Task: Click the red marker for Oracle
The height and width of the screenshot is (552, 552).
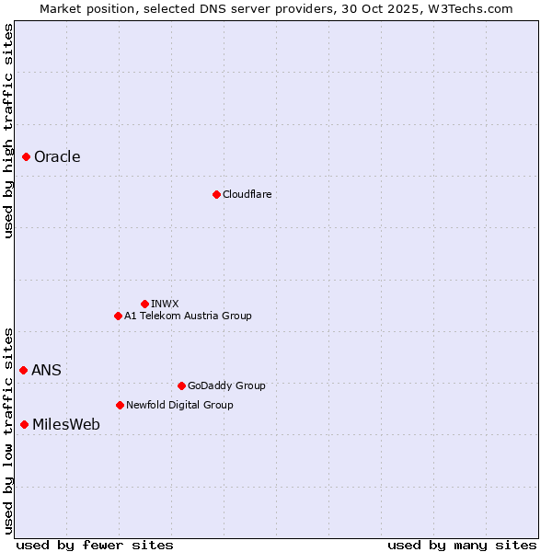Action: [26, 156]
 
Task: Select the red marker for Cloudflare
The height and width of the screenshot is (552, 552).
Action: [216, 194]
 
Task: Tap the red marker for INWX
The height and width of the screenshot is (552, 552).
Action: [144, 304]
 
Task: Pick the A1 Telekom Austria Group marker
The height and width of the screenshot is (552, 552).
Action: [118, 316]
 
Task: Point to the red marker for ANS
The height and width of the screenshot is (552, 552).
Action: [23, 370]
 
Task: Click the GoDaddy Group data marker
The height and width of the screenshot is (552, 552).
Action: [181, 385]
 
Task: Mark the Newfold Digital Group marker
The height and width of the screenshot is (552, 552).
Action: [120, 405]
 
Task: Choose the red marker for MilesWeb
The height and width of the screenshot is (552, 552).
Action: [24, 424]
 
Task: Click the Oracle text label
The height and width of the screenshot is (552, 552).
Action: [57, 156]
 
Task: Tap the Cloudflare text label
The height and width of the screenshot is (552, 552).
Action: [247, 194]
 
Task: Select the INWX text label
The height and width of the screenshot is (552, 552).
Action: [165, 304]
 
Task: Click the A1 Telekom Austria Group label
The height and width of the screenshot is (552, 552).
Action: [188, 316]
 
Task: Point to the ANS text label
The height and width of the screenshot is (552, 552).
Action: [46, 370]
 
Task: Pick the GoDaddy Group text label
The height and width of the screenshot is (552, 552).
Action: [225, 385]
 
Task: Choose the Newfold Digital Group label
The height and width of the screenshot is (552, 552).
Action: [179, 405]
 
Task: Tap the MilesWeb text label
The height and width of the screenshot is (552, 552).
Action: [66, 424]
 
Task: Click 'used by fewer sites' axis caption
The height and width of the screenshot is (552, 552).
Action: [95, 545]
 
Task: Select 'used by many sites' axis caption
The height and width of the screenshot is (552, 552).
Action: [462, 545]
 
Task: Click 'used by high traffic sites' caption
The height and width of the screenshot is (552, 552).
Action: [8, 131]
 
